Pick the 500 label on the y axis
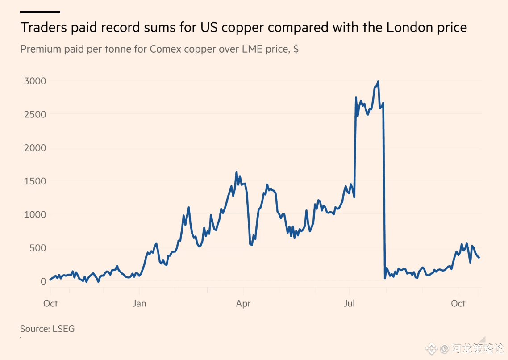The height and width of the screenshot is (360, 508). coord(38,247)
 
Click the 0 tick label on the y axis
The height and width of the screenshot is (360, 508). coord(43,281)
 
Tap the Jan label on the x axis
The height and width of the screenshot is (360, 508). coord(139,304)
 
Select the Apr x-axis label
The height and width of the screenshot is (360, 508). coord(243,304)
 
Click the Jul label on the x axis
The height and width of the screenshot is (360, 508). coord(349,304)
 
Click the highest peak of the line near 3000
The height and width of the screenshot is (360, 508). coord(378,82)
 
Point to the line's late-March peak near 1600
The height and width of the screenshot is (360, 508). coord(237,172)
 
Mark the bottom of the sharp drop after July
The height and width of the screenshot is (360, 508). coord(385,278)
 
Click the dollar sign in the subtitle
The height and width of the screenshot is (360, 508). coord(296,49)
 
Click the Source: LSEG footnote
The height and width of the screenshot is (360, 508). coord(47,329)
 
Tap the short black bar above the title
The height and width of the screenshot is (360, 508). coord(40,12)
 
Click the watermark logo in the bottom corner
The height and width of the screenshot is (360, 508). coord(431,347)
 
